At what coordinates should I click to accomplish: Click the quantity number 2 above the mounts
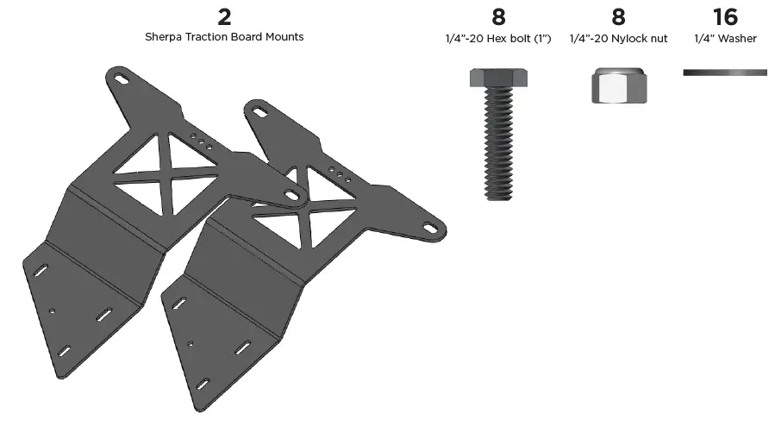click(x=224, y=16)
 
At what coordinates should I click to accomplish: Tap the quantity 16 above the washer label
click(x=725, y=16)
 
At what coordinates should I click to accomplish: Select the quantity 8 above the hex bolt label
click(x=497, y=16)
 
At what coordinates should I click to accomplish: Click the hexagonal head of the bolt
click(x=498, y=79)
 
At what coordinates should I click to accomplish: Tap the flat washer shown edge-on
click(x=724, y=72)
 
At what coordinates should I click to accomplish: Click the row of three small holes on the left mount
click(x=200, y=141)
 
